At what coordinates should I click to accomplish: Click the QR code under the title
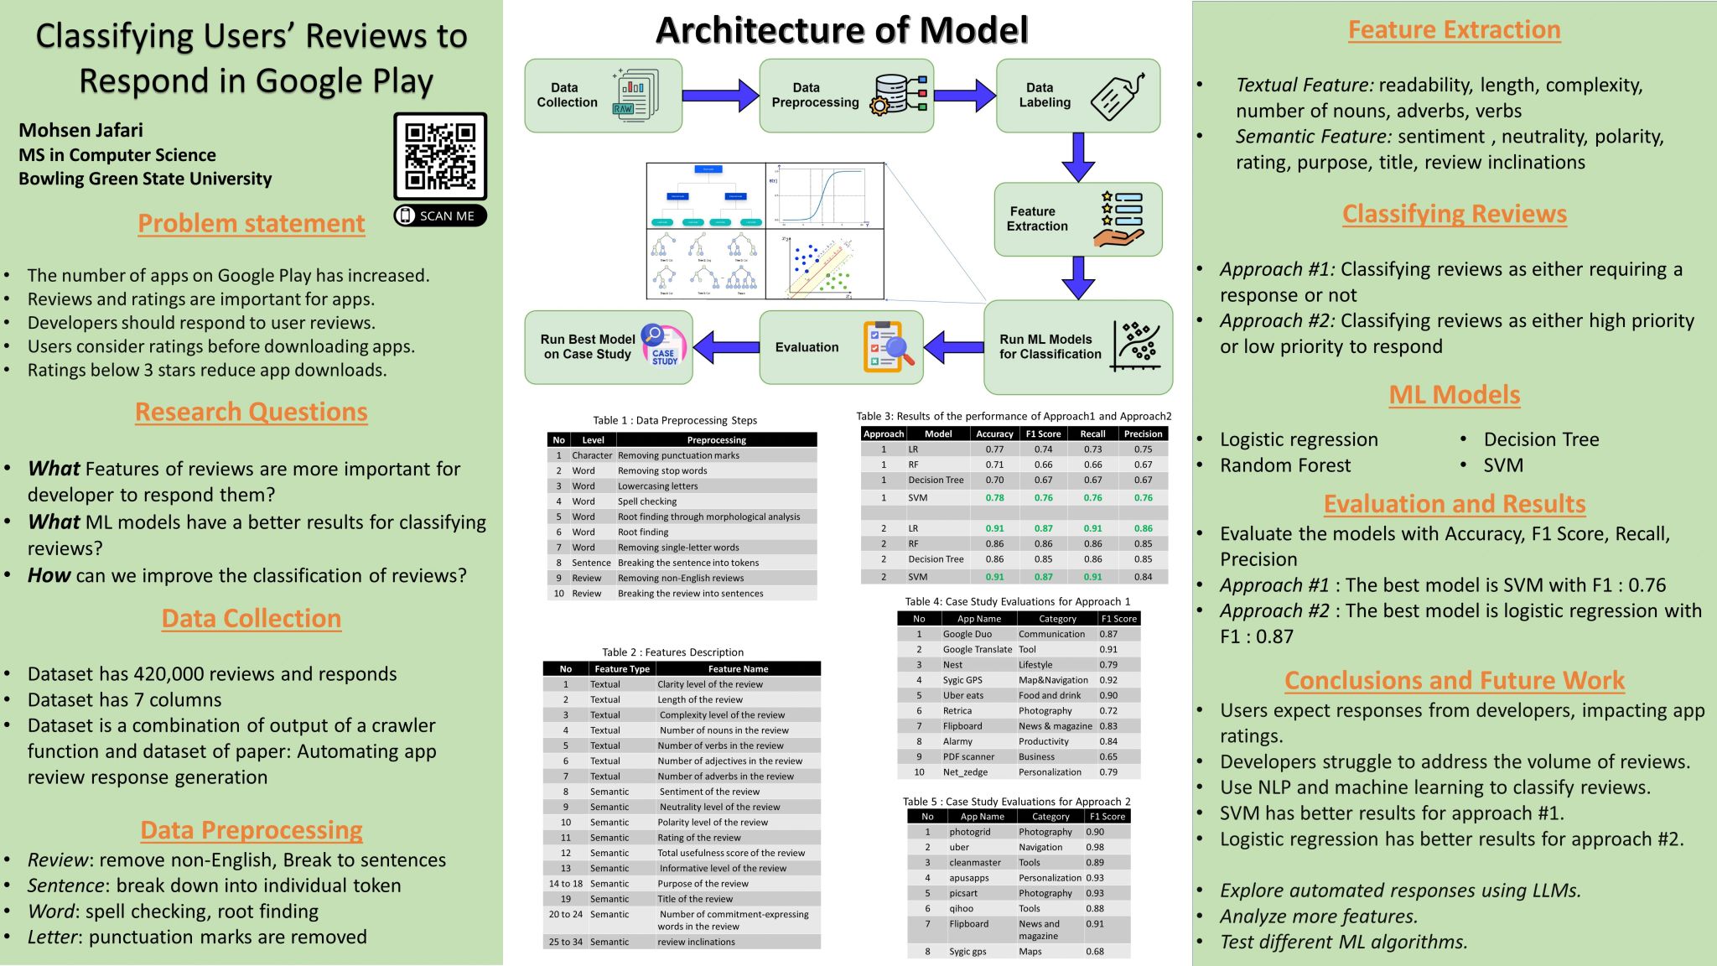440,157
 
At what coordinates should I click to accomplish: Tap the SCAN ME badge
440,216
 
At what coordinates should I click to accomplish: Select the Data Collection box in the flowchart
603,96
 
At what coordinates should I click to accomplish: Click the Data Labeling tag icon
1117,96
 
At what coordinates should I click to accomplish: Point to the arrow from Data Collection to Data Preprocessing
720,96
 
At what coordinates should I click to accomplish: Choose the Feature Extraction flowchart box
1077,219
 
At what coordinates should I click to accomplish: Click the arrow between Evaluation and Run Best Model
726,347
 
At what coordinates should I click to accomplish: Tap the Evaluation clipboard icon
887,347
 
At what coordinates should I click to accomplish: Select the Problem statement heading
251,224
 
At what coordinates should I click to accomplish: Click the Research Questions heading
251,412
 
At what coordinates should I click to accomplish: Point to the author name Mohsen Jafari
80,130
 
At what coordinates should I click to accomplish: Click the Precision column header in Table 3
1143,434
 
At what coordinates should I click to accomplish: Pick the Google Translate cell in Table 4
977,649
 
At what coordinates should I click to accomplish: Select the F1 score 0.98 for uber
1095,847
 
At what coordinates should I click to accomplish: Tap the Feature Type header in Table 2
622,669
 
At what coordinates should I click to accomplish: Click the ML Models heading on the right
1454,395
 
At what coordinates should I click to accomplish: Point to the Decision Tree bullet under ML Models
1541,439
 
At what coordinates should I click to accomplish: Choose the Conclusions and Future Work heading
1454,680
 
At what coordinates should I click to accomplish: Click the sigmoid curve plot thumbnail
825,196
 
